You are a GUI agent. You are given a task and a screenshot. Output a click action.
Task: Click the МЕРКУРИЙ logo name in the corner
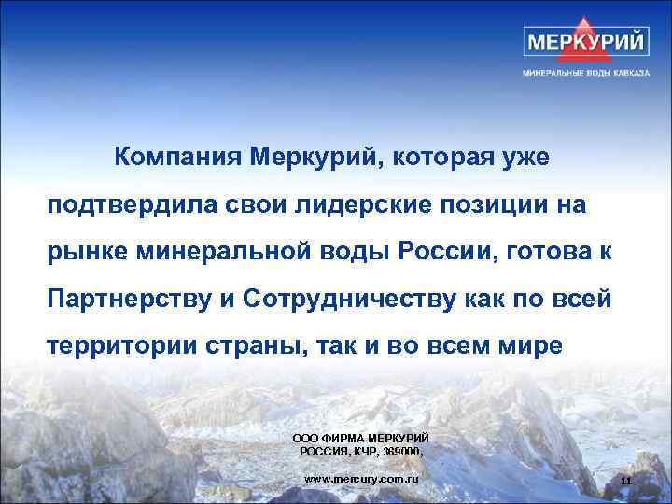(588, 43)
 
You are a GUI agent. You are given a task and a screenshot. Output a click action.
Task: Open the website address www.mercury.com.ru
(362, 479)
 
